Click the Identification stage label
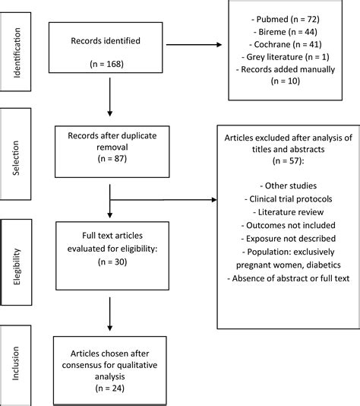click(17, 52)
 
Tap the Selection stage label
click(16, 158)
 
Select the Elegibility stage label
click(17, 267)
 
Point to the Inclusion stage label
click(15, 363)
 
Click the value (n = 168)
click(106, 64)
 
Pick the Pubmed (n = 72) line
click(286, 19)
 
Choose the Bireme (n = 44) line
click(286, 32)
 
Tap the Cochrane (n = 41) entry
click(286, 44)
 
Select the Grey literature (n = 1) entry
click(286, 57)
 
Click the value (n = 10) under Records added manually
click(286, 81)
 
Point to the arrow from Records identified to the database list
click(194, 45)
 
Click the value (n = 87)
click(112, 158)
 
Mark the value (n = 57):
click(288, 160)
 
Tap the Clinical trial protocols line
click(288, 199)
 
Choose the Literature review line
click(288, 212)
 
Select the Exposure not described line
click(288, 239)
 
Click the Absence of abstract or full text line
click(288, 278)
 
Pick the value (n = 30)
click(112, 262)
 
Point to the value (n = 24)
click(109, 389)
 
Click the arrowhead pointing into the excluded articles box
click(214, 200)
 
